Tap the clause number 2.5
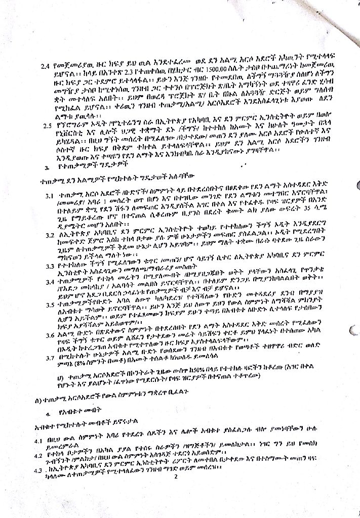48,126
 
